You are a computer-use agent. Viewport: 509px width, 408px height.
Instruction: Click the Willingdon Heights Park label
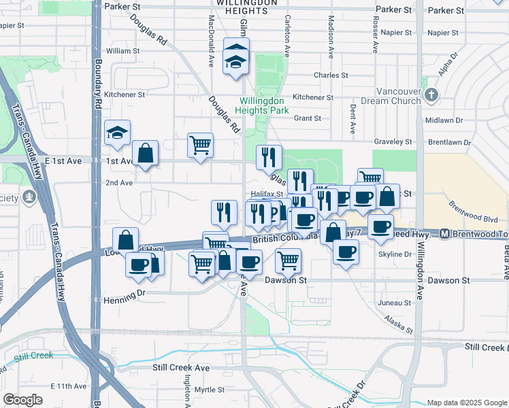pos(263,105)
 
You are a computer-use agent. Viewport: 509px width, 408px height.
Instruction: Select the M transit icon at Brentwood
pos(444,234)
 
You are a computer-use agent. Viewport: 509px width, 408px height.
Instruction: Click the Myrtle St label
pos(209,390)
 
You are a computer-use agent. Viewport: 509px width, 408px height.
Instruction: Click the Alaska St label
pos(398,324)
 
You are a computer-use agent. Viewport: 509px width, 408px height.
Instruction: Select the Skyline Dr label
pos(395,254)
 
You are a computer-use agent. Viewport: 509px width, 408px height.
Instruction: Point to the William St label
pos(122,51)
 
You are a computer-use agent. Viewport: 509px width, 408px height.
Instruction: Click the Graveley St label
pos(395,141)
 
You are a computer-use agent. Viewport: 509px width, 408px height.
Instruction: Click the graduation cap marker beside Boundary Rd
pos(117,133)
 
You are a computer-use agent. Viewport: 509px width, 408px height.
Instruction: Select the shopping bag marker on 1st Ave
pos(146,154)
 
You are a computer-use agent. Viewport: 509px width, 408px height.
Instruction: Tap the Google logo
pos(23,400)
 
